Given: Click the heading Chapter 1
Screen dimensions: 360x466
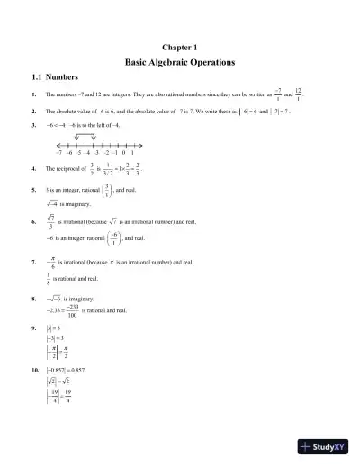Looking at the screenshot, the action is coord(179,46).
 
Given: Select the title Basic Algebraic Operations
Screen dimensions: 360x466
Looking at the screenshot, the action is coord(179,63).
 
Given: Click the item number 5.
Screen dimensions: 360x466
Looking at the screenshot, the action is coord(33,191).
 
